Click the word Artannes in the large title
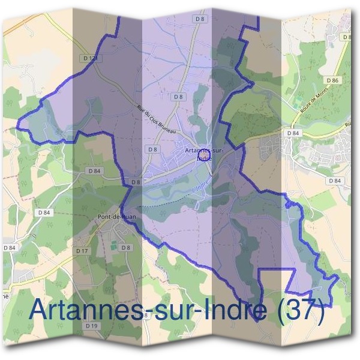point(84,310)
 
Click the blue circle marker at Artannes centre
point(202,157)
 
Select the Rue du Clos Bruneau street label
point(155,119)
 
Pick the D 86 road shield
point(333,80)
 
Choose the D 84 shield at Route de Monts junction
point(293,133)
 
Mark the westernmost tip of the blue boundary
point(17,126)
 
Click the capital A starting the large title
point(39,310)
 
